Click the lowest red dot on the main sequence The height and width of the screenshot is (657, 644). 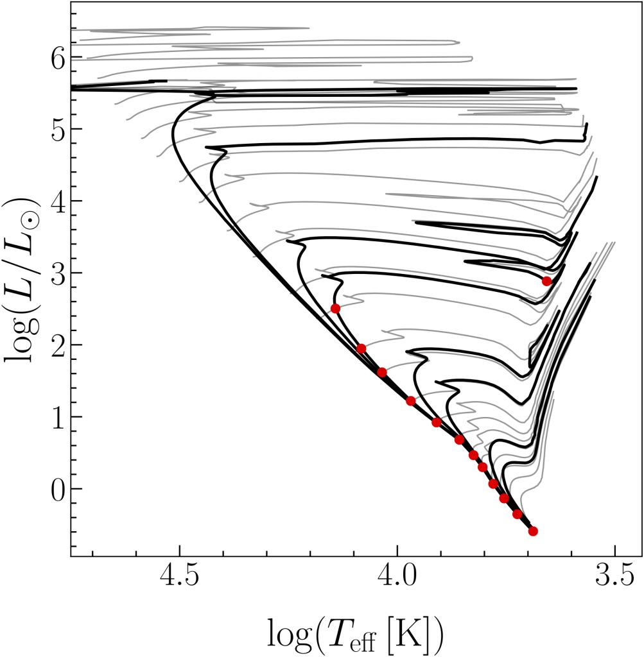pos(533,531)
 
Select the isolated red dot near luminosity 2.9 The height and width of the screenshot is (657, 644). pos(547,281)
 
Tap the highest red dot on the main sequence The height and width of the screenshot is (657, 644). pos(335,309)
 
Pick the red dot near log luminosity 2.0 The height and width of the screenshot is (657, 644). pos(361,348)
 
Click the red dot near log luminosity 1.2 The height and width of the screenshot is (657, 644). pos(411,401)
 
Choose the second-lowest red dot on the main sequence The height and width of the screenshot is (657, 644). pos(518,514)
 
